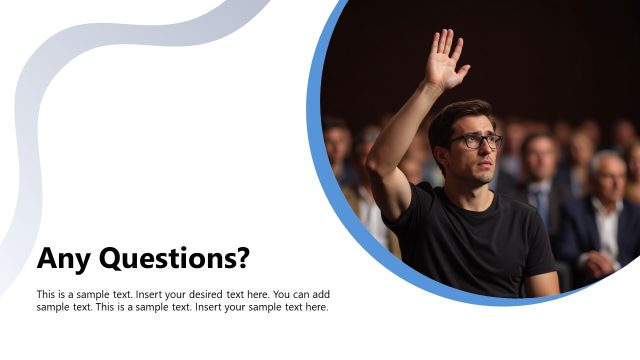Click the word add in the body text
[x=321, y=295]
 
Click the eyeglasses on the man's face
[x=475, y=141]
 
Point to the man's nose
[x=485, y=152]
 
